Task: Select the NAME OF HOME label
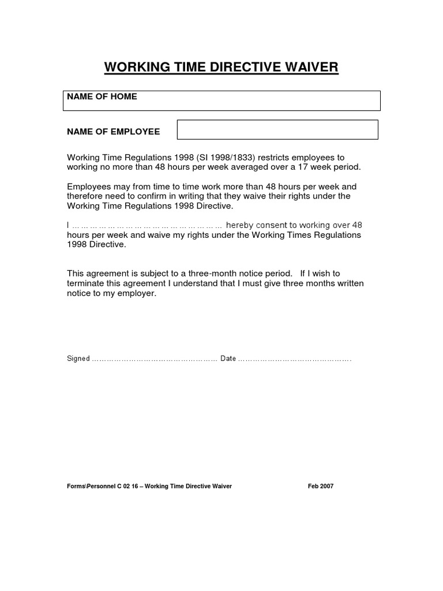tap(102, 97)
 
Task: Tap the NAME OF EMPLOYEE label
tap(114, 132)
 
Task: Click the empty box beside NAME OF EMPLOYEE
tap(277, 130)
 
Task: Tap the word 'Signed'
tap(78, 358)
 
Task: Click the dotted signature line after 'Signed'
tap(155, 359)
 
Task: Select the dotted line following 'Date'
tap(295, 359)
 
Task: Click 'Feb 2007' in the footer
tap(321, 486)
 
